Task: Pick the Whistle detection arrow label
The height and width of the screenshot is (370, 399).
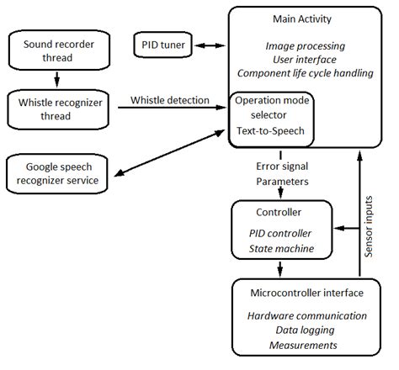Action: coord(169,101)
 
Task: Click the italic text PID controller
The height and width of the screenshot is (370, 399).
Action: coord(279,231)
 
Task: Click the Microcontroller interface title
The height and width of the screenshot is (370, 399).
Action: coord(307,292)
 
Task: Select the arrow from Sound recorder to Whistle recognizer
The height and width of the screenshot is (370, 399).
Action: coord(56,80)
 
